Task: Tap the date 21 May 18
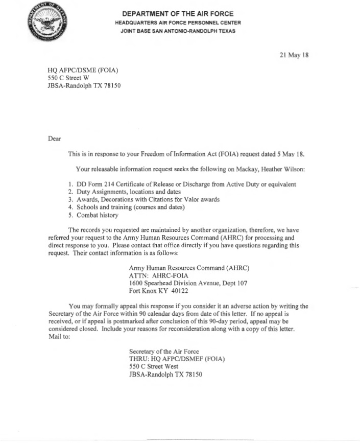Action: (x=295, y=55)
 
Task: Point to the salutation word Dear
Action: (x=54, y=138)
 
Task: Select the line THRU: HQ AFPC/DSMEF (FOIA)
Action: (x=177, y=359)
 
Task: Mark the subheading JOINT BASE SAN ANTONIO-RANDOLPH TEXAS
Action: (x=178, y=31)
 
